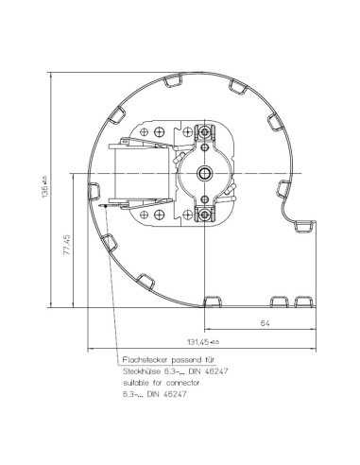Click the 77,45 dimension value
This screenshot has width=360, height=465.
[68, 244]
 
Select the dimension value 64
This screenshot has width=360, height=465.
[266, 323]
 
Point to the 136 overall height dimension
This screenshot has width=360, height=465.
[44, 188]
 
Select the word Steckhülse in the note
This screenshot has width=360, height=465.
[142, 371]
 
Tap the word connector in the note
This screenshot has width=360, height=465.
[182, 383]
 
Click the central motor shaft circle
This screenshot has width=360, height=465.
[205, 173]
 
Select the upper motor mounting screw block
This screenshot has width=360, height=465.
[205, 131]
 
